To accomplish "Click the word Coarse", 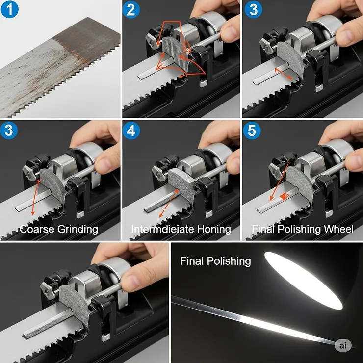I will (x=36, y=229).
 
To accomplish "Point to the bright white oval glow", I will (x=303, y=280).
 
